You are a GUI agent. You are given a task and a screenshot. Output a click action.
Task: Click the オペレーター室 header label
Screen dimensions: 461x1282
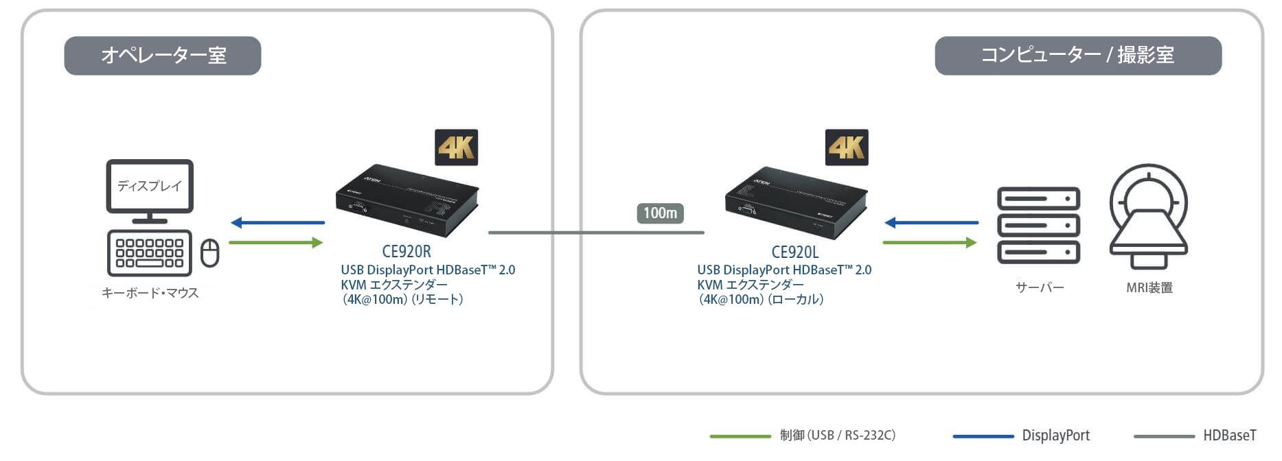[x=163, y=56]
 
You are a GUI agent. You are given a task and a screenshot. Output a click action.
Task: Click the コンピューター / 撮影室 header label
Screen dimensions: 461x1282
[x=1077, y=56]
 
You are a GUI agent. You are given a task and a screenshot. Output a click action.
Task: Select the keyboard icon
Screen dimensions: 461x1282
[x=150, y=252]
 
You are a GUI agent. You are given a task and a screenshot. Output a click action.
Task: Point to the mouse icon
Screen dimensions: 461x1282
[x=209, y=252]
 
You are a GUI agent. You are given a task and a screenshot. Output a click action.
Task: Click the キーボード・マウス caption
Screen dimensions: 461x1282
[x=150, y=293]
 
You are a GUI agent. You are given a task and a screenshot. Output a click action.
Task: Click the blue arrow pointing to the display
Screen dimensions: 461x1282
[x=277, y=222]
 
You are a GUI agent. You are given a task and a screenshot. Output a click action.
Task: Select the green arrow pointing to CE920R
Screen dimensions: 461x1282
[x=275, y=242]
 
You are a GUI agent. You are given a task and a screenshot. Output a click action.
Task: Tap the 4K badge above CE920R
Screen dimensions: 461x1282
[x=456, y=147]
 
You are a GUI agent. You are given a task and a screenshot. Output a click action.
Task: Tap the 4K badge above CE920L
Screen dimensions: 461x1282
[x=846, y=147]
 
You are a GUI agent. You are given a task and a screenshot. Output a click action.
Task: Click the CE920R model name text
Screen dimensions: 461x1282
[x=407, y=252]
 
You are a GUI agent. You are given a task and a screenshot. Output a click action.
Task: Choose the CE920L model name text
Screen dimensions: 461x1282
[x=795, y=252]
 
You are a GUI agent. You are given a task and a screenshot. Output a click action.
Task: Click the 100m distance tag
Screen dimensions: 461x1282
[x=660, y=213]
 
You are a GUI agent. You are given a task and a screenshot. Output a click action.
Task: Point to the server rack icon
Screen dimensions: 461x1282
[x=1038, y=226]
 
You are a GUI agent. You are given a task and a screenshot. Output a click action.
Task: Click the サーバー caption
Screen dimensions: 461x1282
[x=1040, y=287]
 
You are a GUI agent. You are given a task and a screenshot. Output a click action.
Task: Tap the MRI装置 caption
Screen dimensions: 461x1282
[x=1149, y=287]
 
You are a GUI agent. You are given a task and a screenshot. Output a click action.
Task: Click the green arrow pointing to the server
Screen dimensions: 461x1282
[x=929, y=242]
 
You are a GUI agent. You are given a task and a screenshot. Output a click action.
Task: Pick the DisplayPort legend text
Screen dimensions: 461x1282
[x=1055, y=436]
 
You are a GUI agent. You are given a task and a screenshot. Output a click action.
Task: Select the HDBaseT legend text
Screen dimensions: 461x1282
[x=1229, y=436]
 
